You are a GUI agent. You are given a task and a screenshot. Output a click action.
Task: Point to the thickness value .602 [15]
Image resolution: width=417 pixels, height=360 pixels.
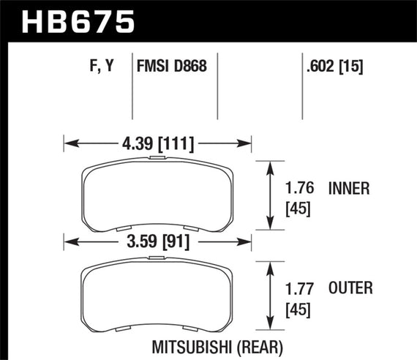click(x=333, y=67)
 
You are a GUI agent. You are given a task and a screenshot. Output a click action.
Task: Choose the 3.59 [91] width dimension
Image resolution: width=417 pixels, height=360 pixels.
click(x=157, y=239)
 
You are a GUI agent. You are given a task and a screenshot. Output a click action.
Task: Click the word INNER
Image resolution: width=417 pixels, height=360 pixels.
click(x=350, y=189)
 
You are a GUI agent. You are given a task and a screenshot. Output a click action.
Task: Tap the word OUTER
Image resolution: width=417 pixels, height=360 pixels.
click(x=350, y=288)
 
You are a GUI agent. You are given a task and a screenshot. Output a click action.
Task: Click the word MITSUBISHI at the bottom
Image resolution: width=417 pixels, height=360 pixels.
click(x=195, y=343)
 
